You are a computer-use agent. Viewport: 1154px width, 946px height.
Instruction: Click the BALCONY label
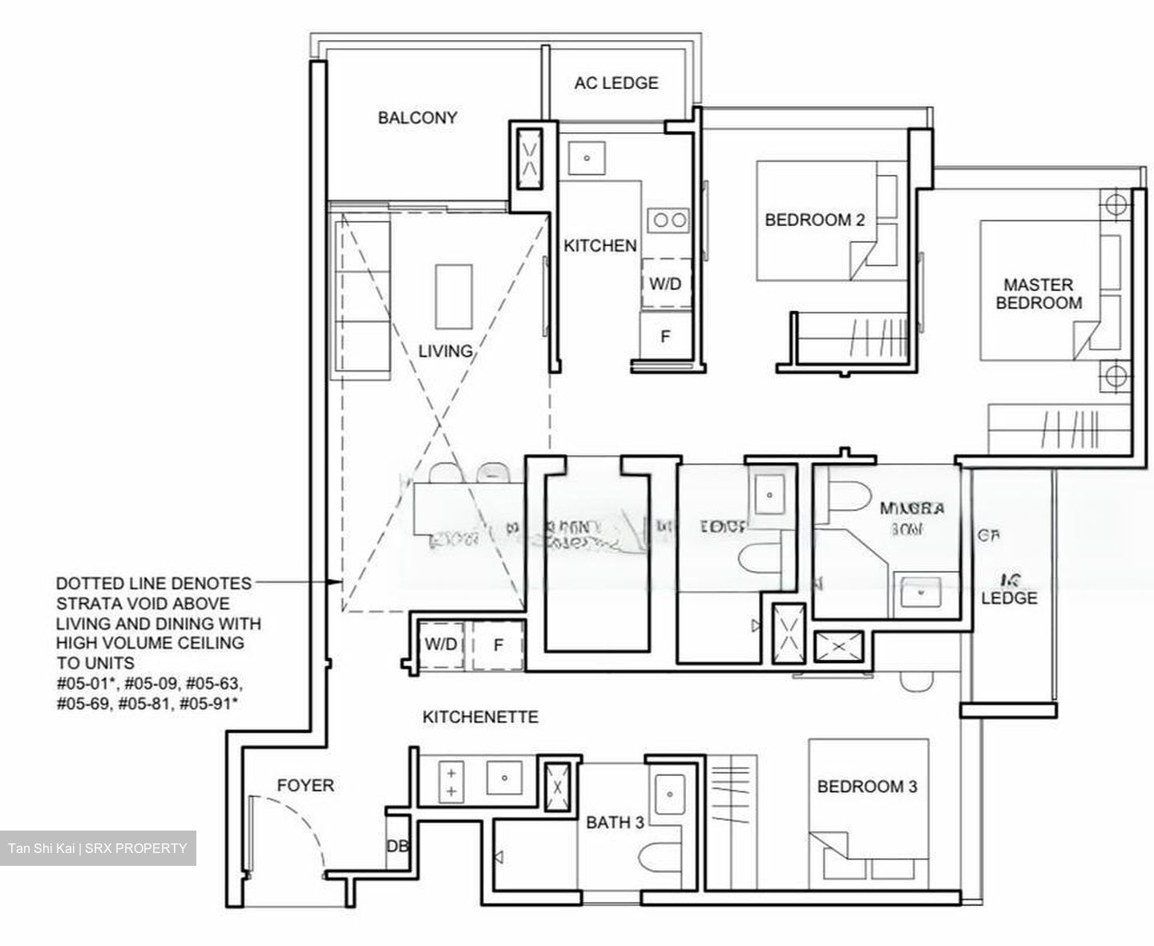[418, 118]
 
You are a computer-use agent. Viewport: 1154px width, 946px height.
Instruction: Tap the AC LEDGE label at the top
[615, 83]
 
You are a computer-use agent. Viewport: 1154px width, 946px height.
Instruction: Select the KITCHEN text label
[599, 246]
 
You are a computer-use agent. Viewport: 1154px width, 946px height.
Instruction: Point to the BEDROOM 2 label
[814, 220]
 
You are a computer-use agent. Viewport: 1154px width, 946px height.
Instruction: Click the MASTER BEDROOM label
[1038, 293]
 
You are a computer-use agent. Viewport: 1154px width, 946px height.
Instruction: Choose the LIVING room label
[445, 350]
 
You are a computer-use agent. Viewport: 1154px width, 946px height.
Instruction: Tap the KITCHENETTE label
[480, 717]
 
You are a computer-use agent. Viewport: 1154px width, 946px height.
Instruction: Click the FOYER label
[305, 786]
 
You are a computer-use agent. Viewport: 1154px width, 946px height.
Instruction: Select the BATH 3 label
[615, 822]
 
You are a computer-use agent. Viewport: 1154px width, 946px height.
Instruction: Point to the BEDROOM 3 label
[866, 786]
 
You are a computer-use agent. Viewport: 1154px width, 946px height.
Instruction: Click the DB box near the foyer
[397, 847]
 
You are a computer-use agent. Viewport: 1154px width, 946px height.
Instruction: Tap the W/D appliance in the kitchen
[665, 284]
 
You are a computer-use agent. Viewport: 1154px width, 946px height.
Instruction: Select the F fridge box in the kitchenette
[498, 645]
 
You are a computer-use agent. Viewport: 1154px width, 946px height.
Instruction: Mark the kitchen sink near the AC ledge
[587, 158]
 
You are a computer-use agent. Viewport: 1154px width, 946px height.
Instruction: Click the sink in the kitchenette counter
[504, 777]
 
